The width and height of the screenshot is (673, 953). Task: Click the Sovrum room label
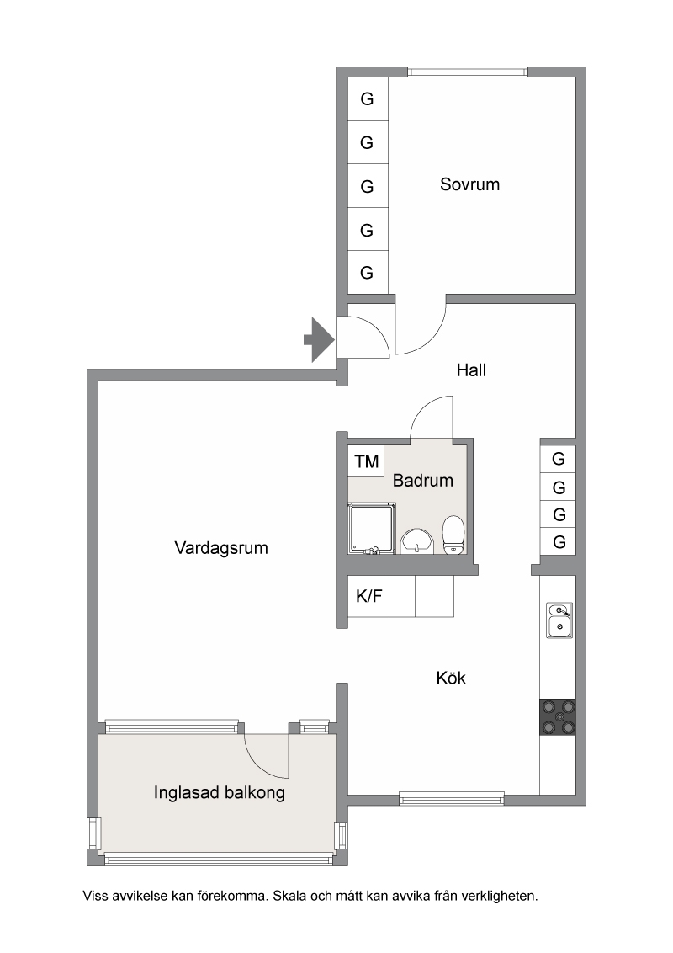point(469,184)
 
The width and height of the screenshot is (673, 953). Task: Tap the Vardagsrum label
point(221,547)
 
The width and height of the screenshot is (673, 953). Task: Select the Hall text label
point(471,370)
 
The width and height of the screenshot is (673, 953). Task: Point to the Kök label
point(451,678)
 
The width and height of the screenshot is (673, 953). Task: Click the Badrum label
point(423,480)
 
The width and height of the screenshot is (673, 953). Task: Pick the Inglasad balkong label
point(220,792)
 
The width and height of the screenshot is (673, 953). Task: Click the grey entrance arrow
point(319,340)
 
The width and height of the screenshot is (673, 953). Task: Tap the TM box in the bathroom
point(366,461)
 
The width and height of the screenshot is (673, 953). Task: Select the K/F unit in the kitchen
point(368,596)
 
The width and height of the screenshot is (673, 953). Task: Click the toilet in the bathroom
point(453,535)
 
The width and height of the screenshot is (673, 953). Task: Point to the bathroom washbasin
point(417,540)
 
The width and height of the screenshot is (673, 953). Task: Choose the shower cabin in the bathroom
point(372,528)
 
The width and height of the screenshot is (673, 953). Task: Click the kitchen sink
point(559,620)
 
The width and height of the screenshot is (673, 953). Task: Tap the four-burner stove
point(558,717)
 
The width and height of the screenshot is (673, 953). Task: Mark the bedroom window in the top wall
point(467,72)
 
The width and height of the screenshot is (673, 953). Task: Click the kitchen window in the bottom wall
point(451,799)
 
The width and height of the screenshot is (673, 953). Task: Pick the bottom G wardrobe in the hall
point(559,541)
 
